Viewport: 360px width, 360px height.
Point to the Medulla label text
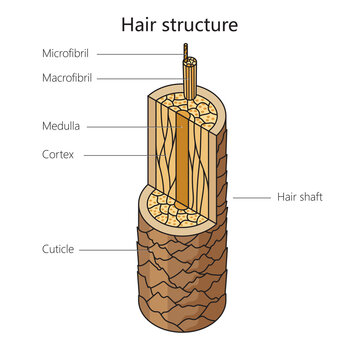pos(61,127)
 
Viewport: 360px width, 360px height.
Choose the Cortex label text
pos(58,155)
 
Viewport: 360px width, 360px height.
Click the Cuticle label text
pos(58,250)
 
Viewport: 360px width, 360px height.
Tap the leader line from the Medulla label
pos(130,127)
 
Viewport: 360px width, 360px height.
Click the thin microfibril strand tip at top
pos(185,47)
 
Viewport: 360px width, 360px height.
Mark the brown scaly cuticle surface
pos(180,290)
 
